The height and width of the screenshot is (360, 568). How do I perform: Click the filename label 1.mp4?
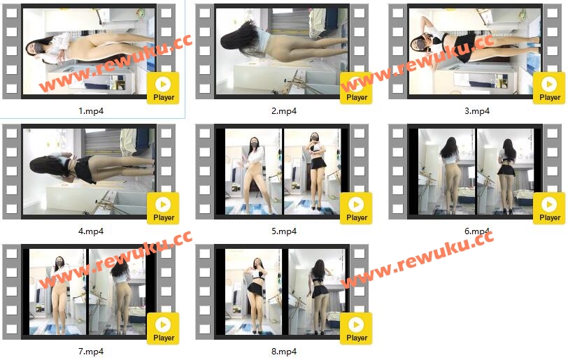91,111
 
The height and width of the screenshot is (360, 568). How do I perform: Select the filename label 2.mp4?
284,111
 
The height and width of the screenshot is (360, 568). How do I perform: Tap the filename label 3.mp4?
477,111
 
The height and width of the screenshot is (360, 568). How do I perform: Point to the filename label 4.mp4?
91,231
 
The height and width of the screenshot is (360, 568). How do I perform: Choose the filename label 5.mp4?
284,231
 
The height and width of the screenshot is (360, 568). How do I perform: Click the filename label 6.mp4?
477,231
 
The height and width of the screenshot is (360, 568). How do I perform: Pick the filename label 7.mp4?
91,352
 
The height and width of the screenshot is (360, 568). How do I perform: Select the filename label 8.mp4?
284,352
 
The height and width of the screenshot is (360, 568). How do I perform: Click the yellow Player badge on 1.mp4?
163,88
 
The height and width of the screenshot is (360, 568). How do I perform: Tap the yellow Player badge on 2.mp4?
356,88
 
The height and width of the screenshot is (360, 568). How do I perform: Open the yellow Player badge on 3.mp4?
549,88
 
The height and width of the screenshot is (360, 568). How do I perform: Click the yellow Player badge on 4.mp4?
163,208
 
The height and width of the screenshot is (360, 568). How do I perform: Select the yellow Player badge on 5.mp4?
356,208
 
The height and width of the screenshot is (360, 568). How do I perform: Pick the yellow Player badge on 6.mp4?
549,208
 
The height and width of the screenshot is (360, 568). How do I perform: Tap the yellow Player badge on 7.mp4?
163,329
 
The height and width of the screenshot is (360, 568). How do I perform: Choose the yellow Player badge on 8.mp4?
356,329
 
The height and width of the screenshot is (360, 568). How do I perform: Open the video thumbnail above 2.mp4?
282,52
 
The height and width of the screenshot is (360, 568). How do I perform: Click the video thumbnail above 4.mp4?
89,172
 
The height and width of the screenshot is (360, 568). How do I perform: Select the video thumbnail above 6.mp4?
475,172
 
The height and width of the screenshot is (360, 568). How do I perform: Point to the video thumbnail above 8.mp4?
282,292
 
